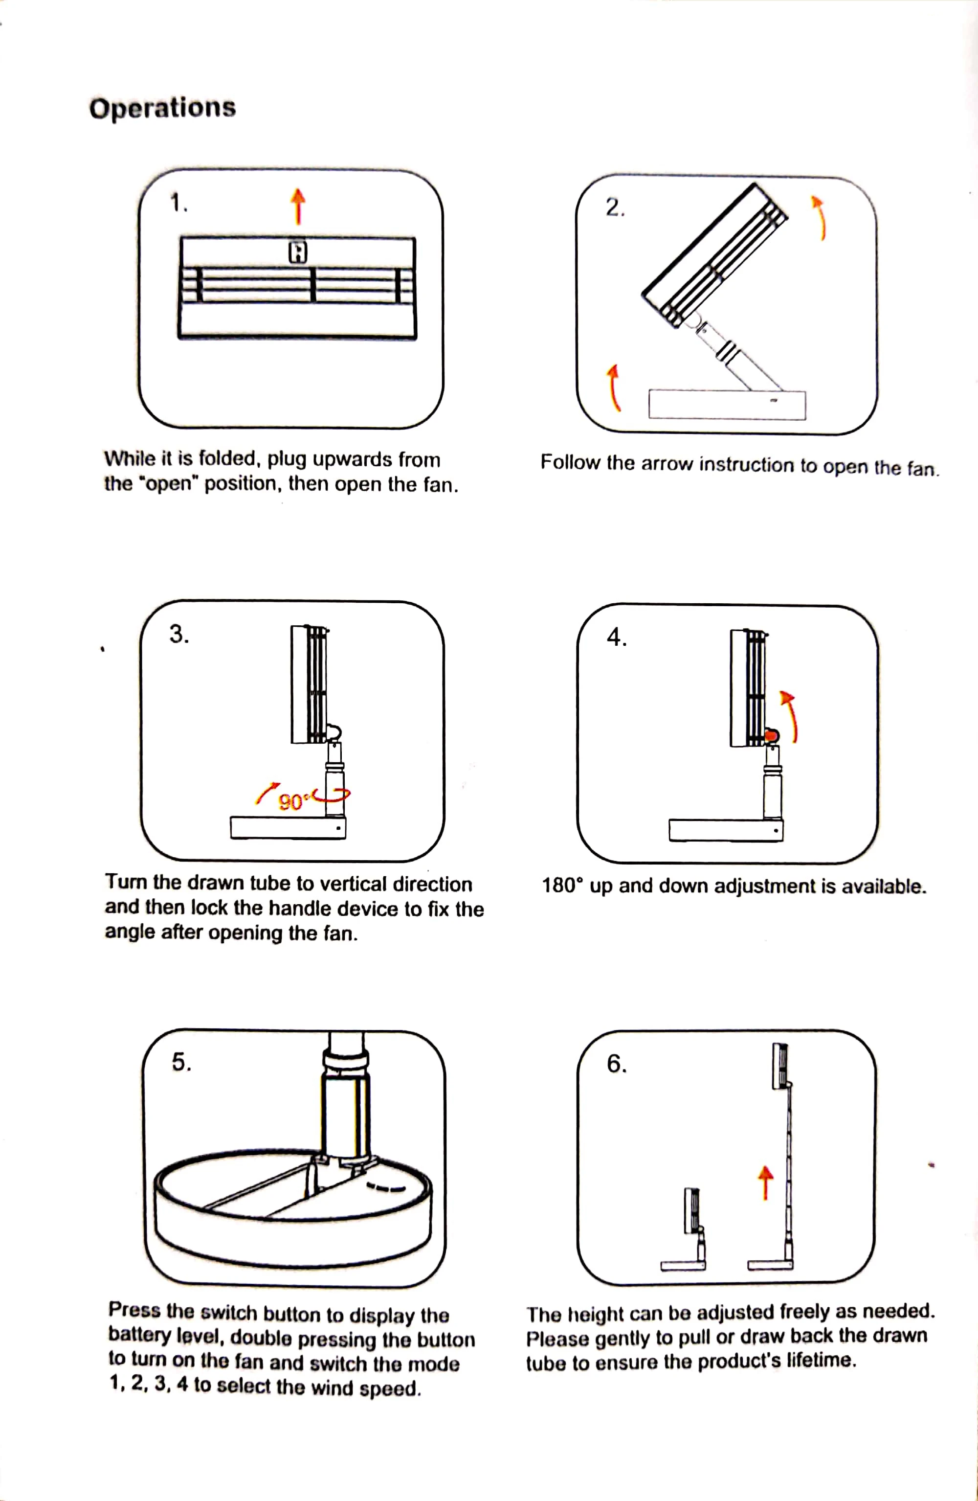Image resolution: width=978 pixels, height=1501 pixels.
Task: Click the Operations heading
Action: pos(162,107)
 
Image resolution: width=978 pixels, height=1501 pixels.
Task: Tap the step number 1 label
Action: pos(179,203)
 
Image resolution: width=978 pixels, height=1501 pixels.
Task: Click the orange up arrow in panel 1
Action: pos(298,206)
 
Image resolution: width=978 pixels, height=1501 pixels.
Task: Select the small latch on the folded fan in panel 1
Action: pos(298,252)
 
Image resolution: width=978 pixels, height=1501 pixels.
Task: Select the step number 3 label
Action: pos(179,634)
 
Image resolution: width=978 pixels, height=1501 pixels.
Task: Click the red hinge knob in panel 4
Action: pos(771,735)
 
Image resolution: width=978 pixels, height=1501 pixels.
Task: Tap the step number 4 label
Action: pos(617,637)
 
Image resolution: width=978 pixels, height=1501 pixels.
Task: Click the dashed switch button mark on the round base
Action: pos(385,1189)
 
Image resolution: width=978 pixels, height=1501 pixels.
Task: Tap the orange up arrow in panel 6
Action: pos(765,1182)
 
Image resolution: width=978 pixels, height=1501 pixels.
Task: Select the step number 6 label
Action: pos(617,1064)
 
